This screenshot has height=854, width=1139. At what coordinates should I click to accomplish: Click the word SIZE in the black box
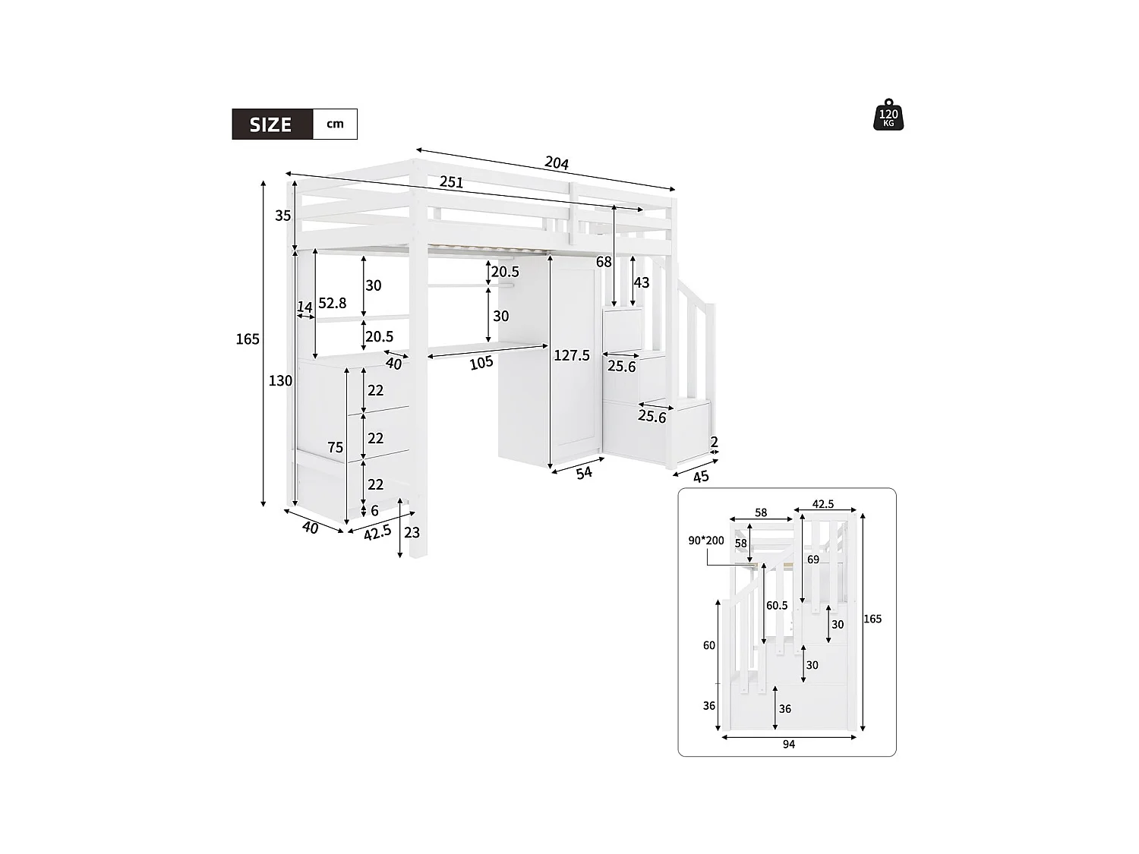[x=271, y=124]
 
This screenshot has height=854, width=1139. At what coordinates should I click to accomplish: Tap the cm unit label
[x=335, y=124]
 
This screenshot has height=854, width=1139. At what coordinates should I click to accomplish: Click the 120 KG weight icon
[x=888, y=115]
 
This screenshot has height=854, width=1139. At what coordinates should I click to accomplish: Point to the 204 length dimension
[x=557, y=162]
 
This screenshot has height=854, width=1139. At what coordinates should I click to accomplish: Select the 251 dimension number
[x=451, y=182]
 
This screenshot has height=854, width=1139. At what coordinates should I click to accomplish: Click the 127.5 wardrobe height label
[x=572, y=355]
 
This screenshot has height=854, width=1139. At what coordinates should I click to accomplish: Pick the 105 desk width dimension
[x=481, y=364]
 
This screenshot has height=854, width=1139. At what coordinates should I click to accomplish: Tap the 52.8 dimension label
[x=332, y=303]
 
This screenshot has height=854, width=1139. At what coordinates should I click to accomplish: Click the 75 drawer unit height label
[x=336, y=448]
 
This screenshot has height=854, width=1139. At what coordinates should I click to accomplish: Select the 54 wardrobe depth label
[x=584, y=473]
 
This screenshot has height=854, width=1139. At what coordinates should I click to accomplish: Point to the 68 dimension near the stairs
[x=604, y=262]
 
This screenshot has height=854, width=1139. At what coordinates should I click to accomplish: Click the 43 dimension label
[x=642, y=282]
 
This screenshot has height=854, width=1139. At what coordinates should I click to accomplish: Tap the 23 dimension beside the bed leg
[x=412, y=532]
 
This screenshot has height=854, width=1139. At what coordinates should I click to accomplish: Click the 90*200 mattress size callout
[x=706, y=540]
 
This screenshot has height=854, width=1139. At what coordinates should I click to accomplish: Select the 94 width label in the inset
[x=789, y=745]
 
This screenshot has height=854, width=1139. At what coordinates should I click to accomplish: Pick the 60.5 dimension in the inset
[x=777, y=606]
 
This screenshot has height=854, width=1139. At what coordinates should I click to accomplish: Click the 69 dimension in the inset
[x=813, y=559]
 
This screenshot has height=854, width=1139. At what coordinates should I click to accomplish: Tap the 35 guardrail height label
[x=283, y=216]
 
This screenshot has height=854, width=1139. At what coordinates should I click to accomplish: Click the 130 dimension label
[x=280, y=381]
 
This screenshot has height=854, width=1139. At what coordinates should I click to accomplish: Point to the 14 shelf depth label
[x=304, y=307]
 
